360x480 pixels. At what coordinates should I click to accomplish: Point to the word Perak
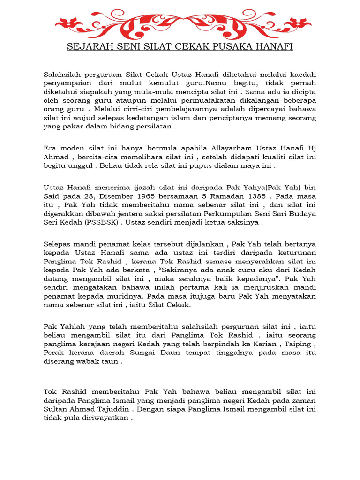pyautogui.click(x=55, y=352)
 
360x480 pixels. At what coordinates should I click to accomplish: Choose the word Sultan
pyautogui.click(x=57, y=409)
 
